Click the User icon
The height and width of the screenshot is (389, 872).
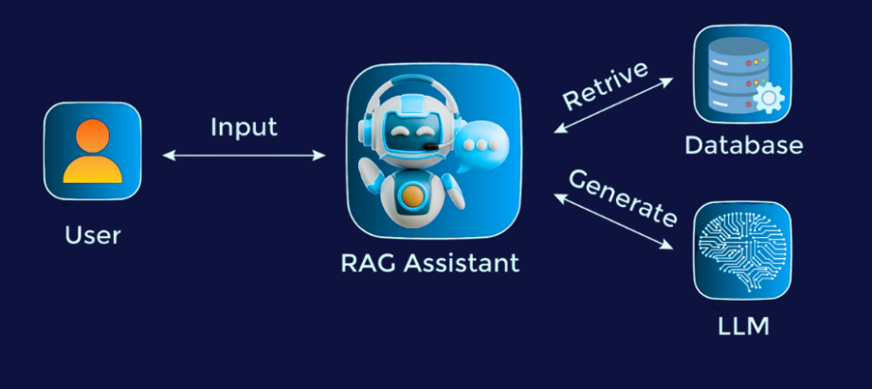92,151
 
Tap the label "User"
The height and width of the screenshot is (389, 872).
92,235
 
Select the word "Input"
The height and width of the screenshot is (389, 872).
244,127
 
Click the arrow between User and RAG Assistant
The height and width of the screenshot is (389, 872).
244,156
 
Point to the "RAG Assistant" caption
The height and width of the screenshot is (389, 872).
430,263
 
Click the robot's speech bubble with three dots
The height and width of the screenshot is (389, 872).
480,147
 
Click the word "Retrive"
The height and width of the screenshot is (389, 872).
606,84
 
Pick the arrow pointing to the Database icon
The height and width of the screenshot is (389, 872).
613,105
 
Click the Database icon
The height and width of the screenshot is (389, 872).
742,73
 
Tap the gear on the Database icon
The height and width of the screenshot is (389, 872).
769,98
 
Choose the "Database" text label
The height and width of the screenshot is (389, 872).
743,145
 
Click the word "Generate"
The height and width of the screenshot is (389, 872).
623,197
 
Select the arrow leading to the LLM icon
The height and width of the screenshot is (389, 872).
613,220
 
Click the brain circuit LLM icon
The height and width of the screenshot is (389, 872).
742,250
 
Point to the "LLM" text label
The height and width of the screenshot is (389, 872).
743,326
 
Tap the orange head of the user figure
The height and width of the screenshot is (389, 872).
92,136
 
